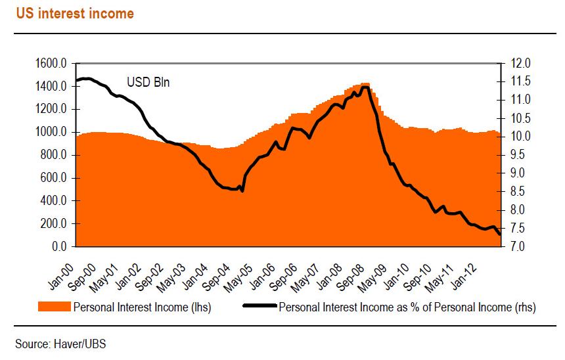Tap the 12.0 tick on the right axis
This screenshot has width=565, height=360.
pyautogui.click(x=515, y=64)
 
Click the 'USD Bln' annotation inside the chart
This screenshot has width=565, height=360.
pyautogui.click(x=148, y=83)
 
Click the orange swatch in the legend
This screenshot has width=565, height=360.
pyautogui.click(x=55, y=306)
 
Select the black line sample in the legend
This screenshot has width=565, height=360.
pyautogui.click(x=260, y=306)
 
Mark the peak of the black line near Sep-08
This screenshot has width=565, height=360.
pyautogui.click(x=365, y=87)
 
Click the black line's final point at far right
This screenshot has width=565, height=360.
pyautogui.click(x=499, y=235)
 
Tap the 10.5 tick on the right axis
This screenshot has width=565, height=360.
pyautogui.click(x=515, y=119)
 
